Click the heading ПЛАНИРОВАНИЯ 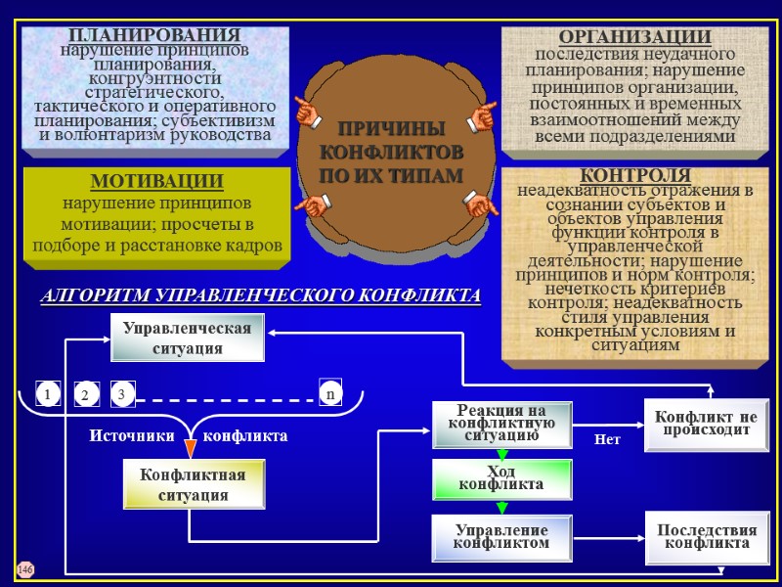[154, 36]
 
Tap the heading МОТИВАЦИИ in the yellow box [156, 182]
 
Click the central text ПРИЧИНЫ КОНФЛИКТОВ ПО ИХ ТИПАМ [391, 152]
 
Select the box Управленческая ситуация [187, 338]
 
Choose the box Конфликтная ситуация [193, 485]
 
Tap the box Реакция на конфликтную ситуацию [501, 424]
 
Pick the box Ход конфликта [501, 477]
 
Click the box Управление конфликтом [501, 536]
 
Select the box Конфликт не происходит [707, 424]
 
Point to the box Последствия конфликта [705, 536]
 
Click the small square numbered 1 [45, 393]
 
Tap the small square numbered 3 [122, 393]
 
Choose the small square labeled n [330, 393]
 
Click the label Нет [608, 440]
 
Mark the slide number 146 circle [25, 568]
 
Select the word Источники [133, 435]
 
